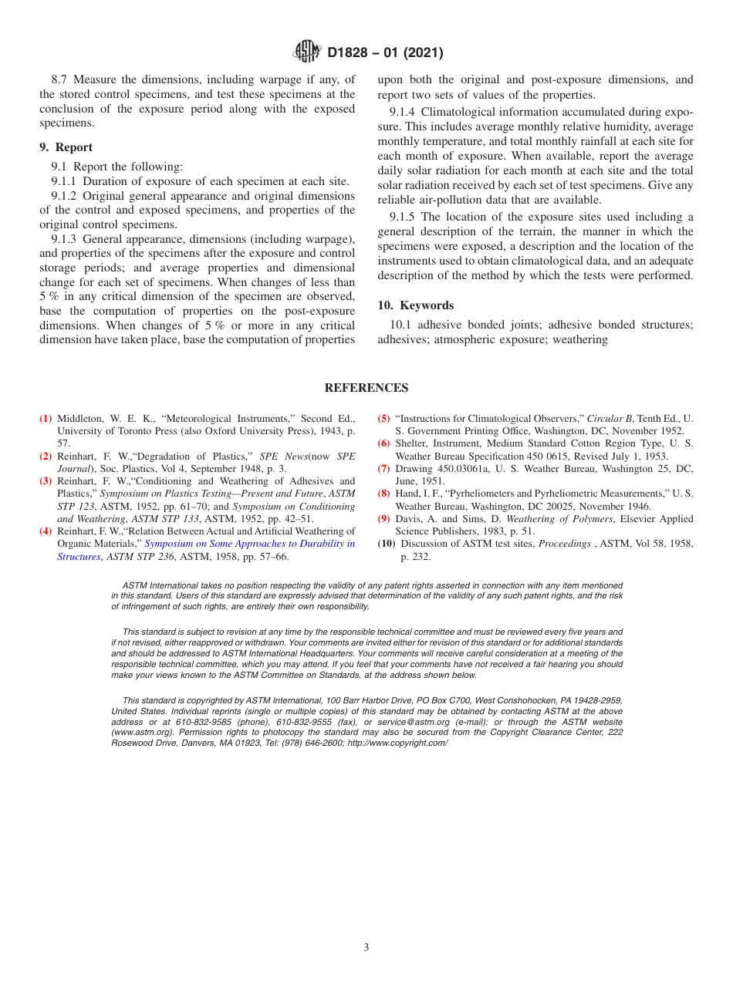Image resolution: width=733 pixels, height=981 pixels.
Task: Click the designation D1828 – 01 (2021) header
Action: tap(385, 53)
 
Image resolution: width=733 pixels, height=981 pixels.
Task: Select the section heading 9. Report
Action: tap(66, 147)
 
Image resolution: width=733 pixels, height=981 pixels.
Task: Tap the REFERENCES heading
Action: tap(366, 388)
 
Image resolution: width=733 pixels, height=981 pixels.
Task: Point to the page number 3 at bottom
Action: tap(366, 948)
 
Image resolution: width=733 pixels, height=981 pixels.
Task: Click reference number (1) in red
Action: tap(46, 419)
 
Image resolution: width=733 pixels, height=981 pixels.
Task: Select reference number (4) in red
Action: tap(46, 531)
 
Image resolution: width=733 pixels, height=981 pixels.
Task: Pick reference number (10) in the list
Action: tap(386, 544)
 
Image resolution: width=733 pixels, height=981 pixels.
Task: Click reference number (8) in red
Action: tap(383, 494)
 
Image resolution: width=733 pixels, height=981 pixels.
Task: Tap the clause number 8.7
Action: tap(60, 79)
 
